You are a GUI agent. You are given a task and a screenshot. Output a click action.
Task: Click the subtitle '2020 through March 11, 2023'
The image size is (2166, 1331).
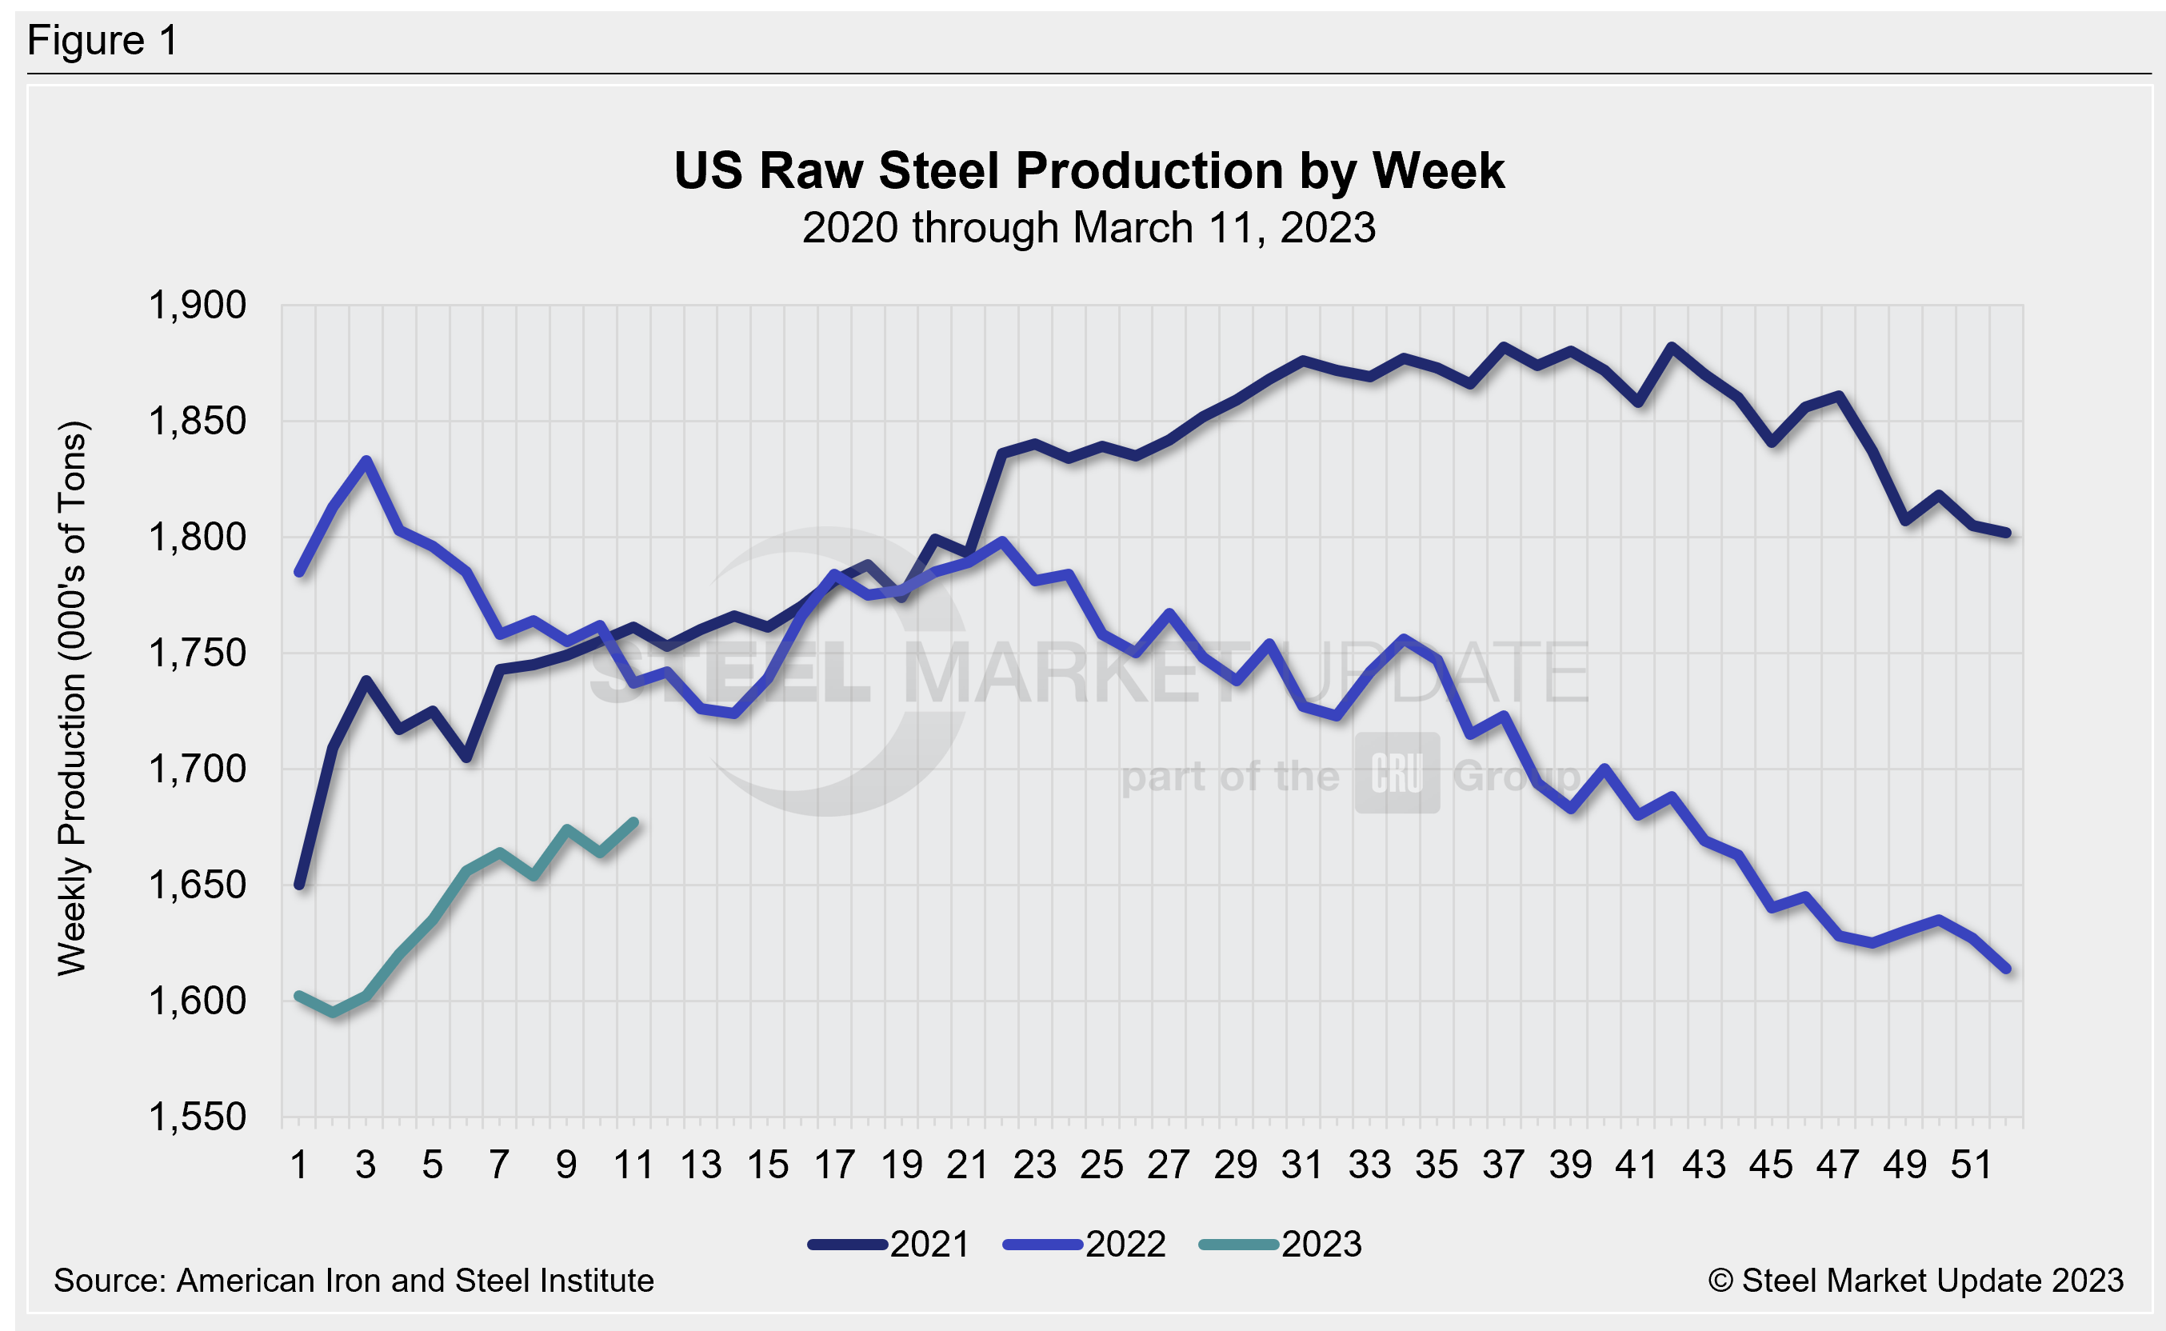click(x=1089, y=228)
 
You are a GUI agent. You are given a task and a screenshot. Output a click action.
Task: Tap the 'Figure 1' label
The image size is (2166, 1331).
click(x=103, y=41)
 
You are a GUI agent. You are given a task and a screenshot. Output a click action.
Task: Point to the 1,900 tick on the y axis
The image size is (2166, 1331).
click(x=197, y=306)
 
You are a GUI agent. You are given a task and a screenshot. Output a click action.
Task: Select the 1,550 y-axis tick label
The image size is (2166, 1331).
click(x=197, y=1117)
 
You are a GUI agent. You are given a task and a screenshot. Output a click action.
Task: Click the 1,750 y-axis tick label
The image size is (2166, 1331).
click(x=197, y=654)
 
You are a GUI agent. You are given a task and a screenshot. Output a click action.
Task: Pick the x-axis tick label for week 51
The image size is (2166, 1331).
click(x=1972, y=1165)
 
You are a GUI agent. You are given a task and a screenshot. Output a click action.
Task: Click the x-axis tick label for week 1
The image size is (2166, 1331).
click(x=299, y=1165)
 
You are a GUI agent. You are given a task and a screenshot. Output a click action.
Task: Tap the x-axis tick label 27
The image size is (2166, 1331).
click(x=1168, y=1165)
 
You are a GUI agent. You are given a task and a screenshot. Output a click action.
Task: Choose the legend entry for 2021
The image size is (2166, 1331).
click(x=889, y=1245)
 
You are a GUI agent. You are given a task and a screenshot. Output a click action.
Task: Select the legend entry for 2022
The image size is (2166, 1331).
click(x=1085, y=1245)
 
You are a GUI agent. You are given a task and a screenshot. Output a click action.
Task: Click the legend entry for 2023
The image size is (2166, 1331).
click(x=1281, y=1245)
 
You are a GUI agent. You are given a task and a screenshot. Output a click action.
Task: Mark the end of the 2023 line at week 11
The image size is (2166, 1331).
click(x=633, y=822)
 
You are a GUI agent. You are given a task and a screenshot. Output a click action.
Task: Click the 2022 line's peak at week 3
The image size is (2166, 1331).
click(x=366, y=461)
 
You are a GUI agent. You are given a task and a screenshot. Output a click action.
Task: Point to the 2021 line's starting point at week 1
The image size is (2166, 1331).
click(x=299, y=885)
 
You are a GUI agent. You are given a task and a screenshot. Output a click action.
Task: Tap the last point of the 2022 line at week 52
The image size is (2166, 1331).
click(x=2006, y=969)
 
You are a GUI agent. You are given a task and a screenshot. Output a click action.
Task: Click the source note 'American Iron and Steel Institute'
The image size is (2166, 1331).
click(x=354, y=1281)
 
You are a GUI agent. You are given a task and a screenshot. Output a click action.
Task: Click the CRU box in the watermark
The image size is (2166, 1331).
click(x=1397, y=773)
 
